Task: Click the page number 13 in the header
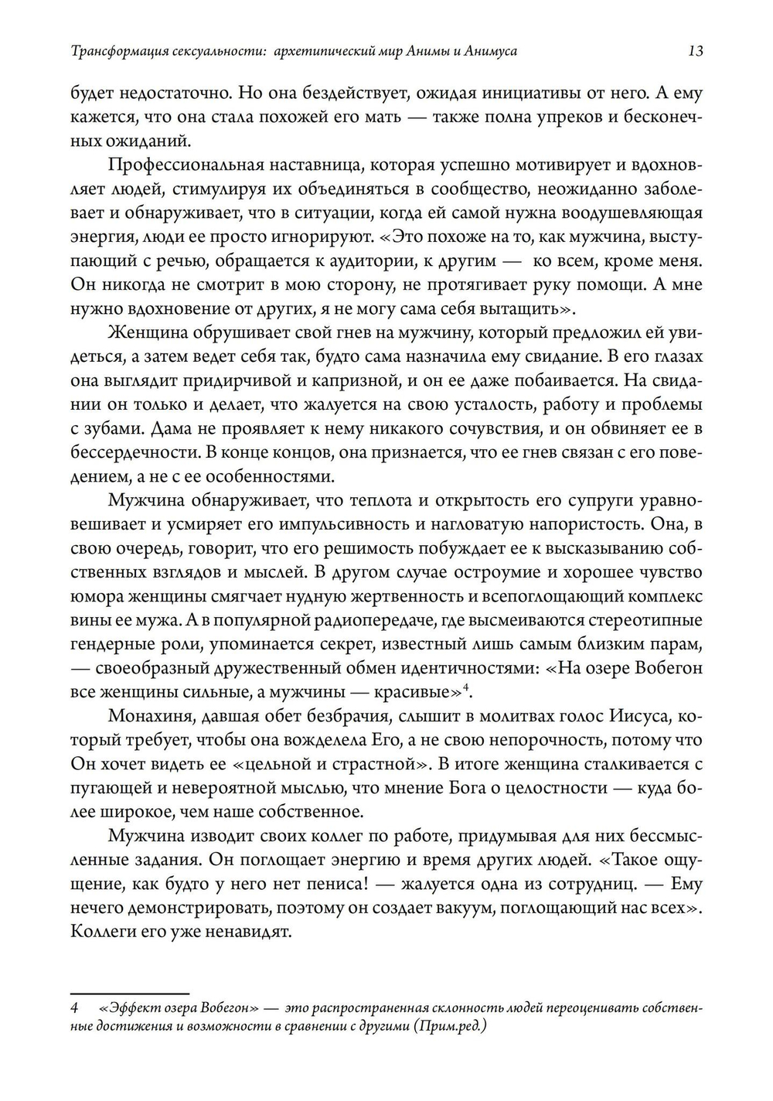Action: [694, 52]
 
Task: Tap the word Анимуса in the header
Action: [491, 52]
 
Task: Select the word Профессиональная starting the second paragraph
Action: [177, 165]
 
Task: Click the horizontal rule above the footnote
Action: [129, 994]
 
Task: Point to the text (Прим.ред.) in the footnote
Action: [449, 1027]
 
